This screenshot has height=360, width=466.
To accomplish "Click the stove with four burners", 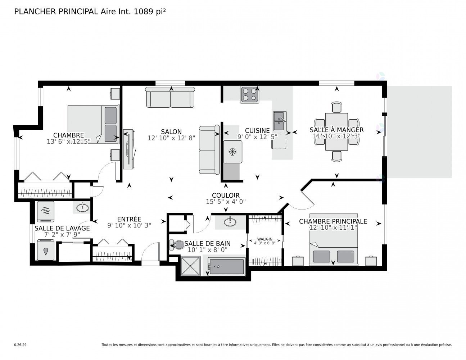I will (249, 95).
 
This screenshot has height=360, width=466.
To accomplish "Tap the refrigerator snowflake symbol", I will (232, 152).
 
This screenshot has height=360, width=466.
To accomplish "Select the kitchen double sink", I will (280, 121).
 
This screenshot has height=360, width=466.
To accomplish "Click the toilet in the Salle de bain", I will (177, 245).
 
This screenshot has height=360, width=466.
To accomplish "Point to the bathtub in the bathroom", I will (227, 267).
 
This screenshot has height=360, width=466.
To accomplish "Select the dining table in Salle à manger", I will (336, 131).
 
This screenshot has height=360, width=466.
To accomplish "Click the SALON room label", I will (171, 132).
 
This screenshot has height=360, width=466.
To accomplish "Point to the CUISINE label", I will (257, 131).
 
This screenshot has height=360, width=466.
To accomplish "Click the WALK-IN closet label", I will (264, 239).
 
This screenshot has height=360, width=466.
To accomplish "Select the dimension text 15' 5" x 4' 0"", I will (226, 202).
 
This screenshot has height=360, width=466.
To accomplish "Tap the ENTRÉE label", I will (129, 219).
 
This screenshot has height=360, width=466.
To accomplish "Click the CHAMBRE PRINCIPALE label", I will (333, 221).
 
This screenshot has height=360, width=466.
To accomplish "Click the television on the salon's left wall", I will (128, 149).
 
